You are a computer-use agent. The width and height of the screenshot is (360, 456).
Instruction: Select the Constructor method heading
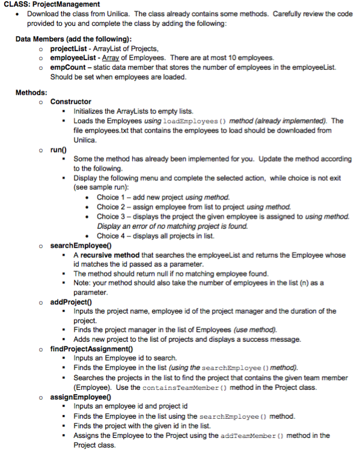pos(71,102)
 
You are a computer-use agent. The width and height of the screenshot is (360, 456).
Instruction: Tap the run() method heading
pos(59,148)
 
